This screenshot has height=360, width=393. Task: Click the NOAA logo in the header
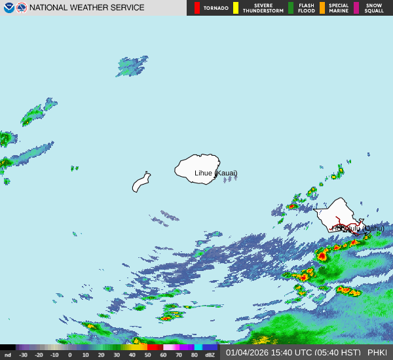(x=9, y=8)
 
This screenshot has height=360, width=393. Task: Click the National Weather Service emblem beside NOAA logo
(x=22, y=8)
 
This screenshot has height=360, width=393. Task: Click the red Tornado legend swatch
(x=197, y=8)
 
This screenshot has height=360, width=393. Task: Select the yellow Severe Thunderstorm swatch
(x=236, y=8)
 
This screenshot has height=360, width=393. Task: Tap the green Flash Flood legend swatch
(x=291, y=8)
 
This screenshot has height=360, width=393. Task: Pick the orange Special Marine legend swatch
(x=322, y=8)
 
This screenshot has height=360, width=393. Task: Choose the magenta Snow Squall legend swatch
(x=356, y=8)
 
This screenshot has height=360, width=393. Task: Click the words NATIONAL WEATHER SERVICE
(x=87, y=8)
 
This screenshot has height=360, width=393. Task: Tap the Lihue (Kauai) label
(x=216, y=173)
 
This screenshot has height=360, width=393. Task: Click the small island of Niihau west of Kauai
(x=141, y=182)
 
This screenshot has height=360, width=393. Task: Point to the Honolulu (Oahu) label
(x=358, y=228)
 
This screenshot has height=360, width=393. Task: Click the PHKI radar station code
(x=377, y=353)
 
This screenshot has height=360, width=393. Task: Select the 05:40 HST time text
(x=337, y=353)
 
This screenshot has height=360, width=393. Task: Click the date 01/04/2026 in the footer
(x=246, y=353)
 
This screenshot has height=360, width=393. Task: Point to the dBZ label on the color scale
(x=210, y=355)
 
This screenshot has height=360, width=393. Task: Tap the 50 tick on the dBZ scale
(x=147, y=355)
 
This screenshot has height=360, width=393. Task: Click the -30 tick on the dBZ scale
(x=23, y=355)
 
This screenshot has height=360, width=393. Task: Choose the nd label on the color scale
(x=7, y=355)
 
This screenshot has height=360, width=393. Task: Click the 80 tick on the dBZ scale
(x=194, y=355)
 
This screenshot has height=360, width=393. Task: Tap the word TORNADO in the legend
(x=216, y=8)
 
